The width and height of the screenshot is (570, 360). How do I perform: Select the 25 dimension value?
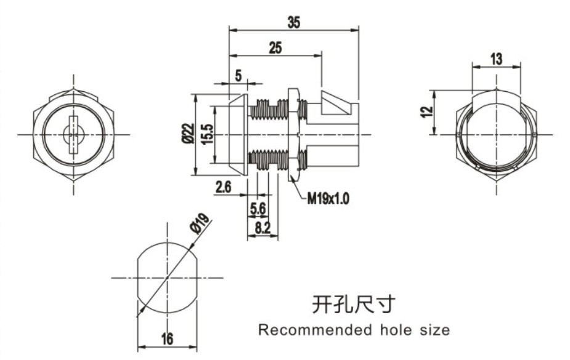[x=275, y=47]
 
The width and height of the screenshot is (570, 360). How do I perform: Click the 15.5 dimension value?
[x=206, y=134]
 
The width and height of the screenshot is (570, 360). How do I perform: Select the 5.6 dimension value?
[x=258, y=209]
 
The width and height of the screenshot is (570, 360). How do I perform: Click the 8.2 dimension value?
[x=263, y=228]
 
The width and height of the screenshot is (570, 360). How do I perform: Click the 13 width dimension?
[x=496, y=59]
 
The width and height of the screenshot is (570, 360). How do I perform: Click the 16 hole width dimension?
[x=166, y=338]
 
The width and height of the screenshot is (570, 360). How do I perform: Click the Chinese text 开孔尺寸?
[x=352, y=304]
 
